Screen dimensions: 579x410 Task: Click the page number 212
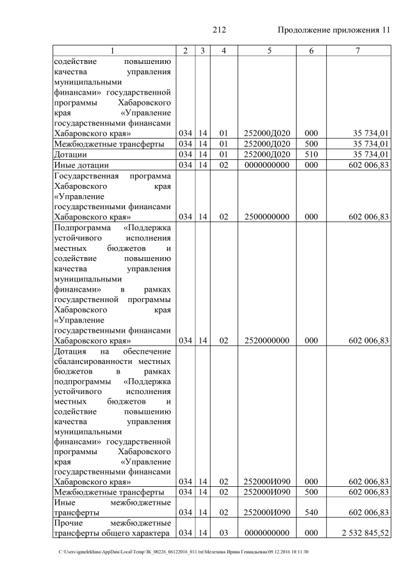tap(219, 30)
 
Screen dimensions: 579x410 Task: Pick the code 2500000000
tap(269, 217)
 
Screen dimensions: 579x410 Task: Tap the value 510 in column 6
tap(311, 154)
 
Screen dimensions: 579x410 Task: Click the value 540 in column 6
tap(311, 512)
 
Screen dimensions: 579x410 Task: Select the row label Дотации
tap(71, 154)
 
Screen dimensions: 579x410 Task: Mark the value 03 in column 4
tap(224, 533)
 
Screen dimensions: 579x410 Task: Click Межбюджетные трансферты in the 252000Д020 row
tap(109, 144)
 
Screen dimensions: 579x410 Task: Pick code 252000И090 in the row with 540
tap(269, 512)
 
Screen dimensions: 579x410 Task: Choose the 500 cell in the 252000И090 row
tap(311, 492)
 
